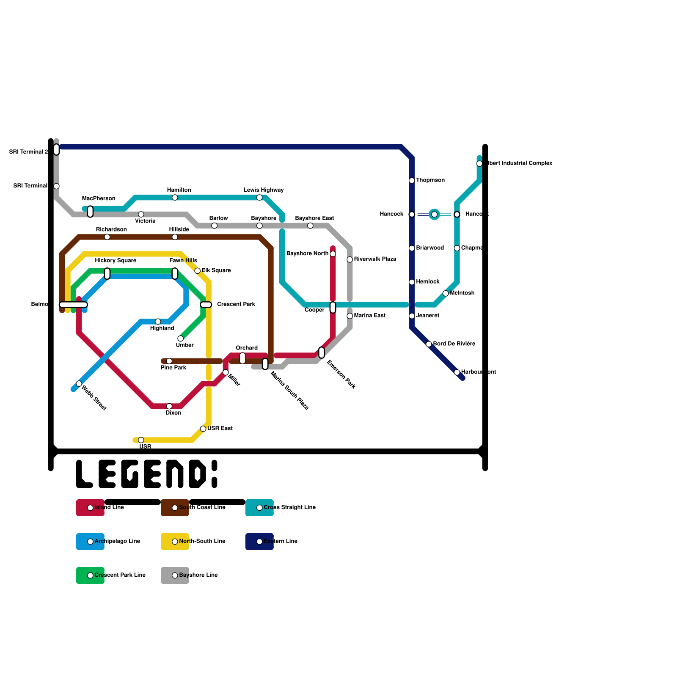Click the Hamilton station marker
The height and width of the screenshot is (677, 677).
pos(175,198)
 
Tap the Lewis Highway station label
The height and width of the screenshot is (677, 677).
pos(264,190)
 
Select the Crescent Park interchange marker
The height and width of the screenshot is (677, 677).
pos(206,305)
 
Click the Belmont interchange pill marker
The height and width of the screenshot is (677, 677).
pos(73,305)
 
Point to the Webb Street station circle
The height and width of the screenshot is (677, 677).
pos(79,384)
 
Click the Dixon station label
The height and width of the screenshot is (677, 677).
pos(173,413)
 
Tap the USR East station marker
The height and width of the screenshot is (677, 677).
pos(203,429)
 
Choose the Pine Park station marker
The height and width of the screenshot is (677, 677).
pos(169,361)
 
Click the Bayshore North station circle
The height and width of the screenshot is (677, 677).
pos(333,254)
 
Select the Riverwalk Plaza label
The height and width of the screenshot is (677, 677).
pos(375,259)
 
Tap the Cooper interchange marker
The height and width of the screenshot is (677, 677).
pos(333,308)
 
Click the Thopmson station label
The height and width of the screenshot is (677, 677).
pos(430,180)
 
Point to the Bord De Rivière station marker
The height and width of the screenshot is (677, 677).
pos(429,344)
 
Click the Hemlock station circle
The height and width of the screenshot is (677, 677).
pos(412,282)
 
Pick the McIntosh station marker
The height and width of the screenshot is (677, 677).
pos(446,293)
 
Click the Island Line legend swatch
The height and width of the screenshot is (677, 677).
pos(90,508)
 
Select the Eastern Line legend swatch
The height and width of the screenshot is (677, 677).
pos(259,542)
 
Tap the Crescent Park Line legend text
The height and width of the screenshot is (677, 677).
pos(120,575)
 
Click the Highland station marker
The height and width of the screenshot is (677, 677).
pos(158,322)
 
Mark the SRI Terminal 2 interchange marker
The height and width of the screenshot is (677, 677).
pos(56,149)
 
